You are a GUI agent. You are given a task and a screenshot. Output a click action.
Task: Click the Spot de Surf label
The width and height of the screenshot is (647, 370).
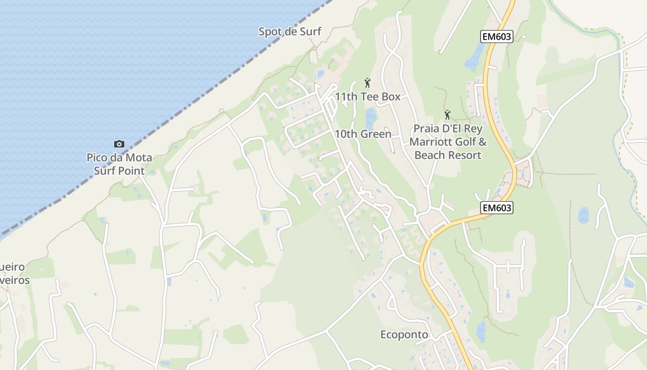pyautogui.click(x=289, y=32)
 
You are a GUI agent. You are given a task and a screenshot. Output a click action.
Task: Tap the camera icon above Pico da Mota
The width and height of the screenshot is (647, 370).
pyautogui.click(x=119, y=144)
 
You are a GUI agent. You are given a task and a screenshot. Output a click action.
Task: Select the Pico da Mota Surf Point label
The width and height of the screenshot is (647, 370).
pyautogui.click(x=119, y=164)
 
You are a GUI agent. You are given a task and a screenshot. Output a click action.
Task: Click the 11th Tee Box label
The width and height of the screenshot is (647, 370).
pyautogui.click(x=367, y=97)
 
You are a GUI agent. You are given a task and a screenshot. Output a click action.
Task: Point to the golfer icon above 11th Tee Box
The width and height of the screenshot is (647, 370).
pyautogui.click(x=367, y=83)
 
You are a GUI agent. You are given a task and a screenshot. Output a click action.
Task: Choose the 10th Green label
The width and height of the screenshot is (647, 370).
pyautogui.click(x=363, y=134)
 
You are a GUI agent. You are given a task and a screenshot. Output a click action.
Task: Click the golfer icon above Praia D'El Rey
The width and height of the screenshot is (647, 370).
pyautogui.click(x=447, y=114)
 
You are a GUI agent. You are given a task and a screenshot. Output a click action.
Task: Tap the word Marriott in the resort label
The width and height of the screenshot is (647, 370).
pyautogui.click(x=432, y=142)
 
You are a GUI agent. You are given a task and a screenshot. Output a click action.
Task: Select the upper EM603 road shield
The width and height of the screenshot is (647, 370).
pyautogui.click(x=497, y=37)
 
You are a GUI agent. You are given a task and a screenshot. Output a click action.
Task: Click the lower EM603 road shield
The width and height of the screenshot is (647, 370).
pyautogui.click(x=496, y=208)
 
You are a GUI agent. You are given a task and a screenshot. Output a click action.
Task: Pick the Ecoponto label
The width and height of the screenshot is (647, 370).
pyautogui.click(x=404, y=334)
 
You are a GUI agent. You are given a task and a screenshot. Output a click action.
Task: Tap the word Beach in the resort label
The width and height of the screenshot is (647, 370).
pyautogui.click(x=428, y=155)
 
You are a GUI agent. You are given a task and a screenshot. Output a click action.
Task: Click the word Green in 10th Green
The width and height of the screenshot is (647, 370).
pyautogui.click(x=375, y=134)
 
